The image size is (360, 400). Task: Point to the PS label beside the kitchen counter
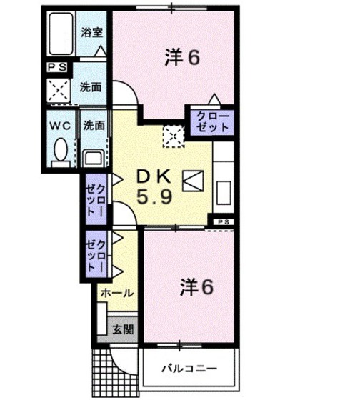pos(224,223)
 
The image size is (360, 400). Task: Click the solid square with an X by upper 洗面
pos(58,90)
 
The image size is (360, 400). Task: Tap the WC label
pos(59,126)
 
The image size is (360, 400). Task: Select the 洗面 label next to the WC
pos(93,125)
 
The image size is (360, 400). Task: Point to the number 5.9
pos(153,196)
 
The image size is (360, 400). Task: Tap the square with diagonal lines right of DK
pos(193,182)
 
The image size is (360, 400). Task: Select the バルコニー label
pos(189,369)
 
